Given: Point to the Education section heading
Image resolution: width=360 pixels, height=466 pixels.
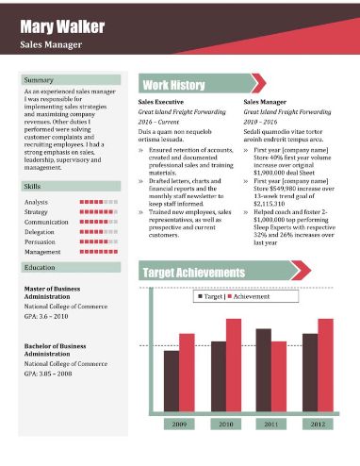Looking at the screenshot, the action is point(40,269).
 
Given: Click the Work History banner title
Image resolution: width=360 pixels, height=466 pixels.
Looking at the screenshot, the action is point(173,85).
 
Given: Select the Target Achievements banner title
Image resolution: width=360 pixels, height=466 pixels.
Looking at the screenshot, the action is point(206,273).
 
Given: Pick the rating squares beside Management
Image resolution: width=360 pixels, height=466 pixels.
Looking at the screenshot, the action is point(99,252).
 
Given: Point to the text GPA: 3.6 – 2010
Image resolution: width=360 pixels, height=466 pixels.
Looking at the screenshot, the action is point(47,317).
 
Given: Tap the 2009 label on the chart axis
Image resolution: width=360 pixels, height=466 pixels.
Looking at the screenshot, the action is point(179,425).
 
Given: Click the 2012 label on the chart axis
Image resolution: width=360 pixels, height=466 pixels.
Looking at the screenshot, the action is point(318,425).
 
